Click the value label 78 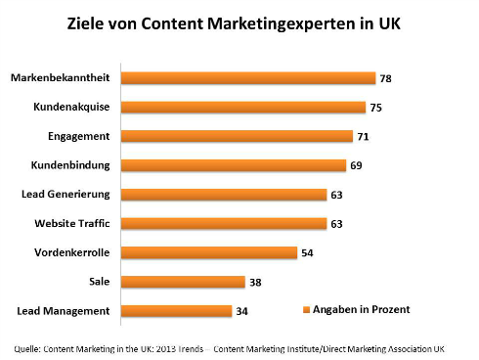pos(388,77)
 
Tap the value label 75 pos(378,107)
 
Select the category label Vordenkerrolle pos(72,252)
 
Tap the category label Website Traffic pos(73,223)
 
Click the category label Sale pos(102,282)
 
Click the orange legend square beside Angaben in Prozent pos(305,309)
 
